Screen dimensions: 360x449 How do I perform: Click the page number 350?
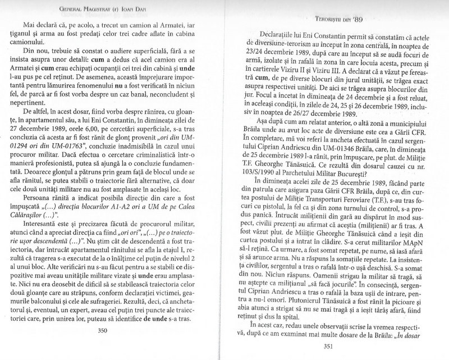118,330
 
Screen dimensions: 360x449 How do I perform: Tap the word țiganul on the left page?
34,38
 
